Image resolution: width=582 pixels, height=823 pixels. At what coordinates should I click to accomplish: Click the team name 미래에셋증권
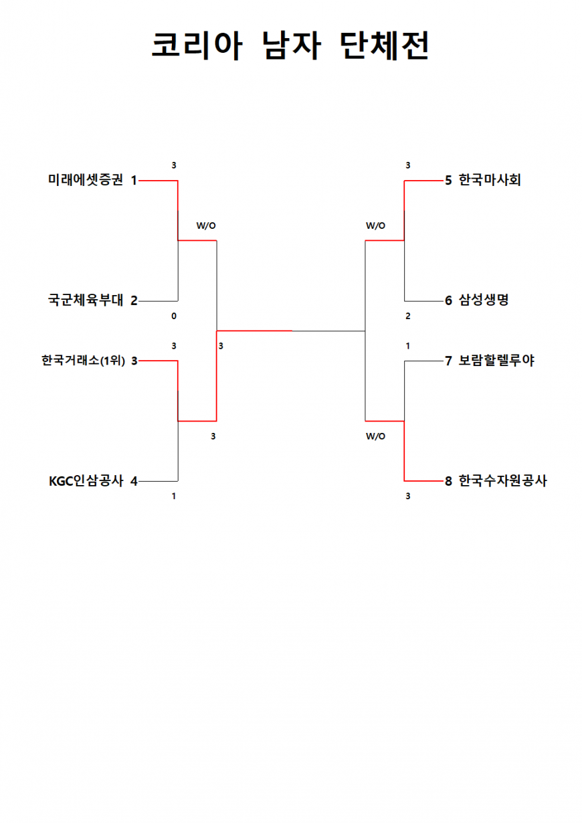point(86,180)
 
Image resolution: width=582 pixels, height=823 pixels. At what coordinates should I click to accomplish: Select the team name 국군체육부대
point(86,300)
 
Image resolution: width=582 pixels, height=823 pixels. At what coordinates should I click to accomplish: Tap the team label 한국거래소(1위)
point(83,361)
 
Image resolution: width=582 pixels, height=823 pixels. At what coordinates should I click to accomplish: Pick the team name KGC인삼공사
point(86,481)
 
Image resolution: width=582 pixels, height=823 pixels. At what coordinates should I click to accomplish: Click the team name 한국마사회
point(490,180)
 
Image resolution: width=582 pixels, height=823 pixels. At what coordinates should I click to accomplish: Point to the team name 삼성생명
point(484,300)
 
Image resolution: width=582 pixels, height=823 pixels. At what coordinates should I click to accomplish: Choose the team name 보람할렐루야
point(496,361)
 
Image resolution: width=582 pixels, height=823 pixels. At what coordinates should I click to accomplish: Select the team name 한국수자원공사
point(503,481)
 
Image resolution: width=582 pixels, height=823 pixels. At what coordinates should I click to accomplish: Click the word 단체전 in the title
point(384,45)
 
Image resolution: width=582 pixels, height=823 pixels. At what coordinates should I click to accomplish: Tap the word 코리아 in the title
point(197,45)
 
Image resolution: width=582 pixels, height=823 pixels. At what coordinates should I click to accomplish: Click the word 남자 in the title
point(292,45)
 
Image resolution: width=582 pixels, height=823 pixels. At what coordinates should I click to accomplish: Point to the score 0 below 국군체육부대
point(174,316)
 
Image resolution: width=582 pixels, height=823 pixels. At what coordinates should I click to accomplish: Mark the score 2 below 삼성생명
point(408,316)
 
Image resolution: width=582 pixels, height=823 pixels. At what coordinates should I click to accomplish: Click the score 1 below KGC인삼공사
point(174,496)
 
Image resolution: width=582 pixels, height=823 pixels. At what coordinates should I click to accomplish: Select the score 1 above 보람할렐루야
point(408,346)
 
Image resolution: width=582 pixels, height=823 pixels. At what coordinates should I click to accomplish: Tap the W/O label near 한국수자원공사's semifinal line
point(375,436)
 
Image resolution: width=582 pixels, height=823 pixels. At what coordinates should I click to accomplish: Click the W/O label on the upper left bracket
point(206,225)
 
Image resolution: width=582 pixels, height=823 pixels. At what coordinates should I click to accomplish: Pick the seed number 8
point(449,481)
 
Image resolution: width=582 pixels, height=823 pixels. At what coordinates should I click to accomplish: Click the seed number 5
point(449,181)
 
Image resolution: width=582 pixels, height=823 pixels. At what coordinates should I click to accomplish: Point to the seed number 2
point(134,300)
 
